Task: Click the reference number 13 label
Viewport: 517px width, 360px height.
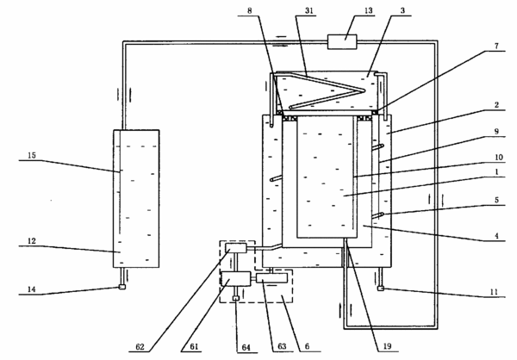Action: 368,10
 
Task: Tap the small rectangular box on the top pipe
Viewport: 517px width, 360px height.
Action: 342,42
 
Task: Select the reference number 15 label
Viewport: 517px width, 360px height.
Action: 32,155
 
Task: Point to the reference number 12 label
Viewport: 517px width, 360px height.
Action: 32,241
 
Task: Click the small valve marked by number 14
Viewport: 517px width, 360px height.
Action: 121,287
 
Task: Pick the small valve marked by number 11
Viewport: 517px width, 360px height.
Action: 381,289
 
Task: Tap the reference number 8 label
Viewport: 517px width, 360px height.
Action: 250,10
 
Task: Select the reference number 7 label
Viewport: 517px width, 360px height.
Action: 496,46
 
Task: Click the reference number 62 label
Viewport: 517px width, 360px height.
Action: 140,347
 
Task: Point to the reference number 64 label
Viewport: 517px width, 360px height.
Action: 246,347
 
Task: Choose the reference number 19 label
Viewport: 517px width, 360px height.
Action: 387,346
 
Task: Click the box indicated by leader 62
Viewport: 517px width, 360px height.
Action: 236,248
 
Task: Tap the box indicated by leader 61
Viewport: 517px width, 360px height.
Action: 235,279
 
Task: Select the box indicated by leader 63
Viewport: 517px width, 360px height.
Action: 271,278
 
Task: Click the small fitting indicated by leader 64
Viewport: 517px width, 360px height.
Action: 235,298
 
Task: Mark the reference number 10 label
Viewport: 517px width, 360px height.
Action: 499,157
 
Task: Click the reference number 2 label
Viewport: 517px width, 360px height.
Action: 496,105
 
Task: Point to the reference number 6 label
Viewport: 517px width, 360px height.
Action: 307,346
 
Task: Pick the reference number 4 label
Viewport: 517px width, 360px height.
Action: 496,236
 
